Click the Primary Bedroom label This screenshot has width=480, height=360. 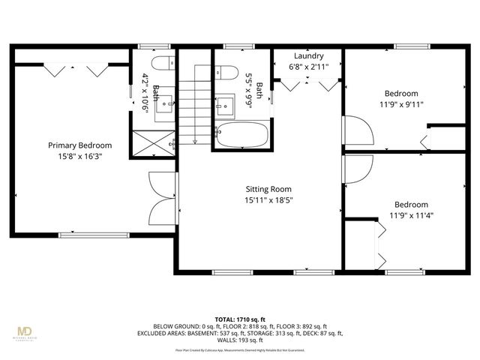[x=80, y=145]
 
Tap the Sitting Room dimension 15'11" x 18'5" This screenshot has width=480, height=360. [x=268, y=200]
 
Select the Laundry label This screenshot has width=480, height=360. [x=308, y=56]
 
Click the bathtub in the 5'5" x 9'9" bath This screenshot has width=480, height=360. [x=242, y=136]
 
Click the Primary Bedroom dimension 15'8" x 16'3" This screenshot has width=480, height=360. [x=80, y=157]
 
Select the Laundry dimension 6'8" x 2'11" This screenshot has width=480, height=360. [x=308, y=66]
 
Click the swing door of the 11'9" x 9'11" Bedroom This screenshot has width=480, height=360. [x=358, y=134]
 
